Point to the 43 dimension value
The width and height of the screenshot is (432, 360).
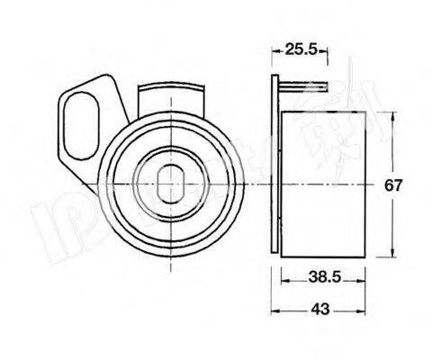click(x=320, y=309)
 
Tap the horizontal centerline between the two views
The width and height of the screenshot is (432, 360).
click(x=252, y=183)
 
